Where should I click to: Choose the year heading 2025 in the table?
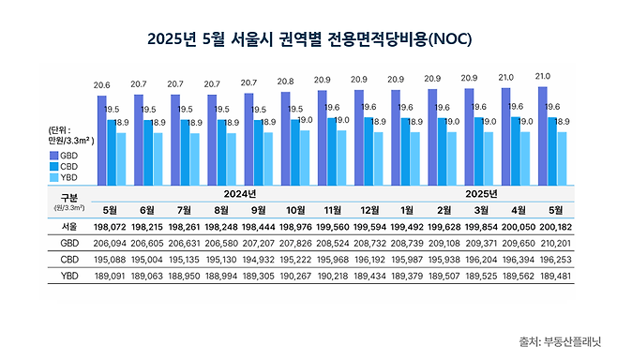click(x=482, y=194)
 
